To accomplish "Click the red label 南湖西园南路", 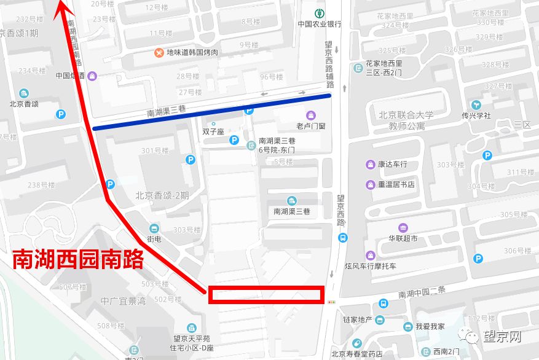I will (78, 259).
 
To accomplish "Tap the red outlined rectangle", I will (266, 295).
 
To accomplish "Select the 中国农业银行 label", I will (319, 25).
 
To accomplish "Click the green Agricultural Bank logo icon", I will (319, 13).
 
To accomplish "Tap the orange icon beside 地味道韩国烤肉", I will (159, 53).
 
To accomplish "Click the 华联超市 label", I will (403, 238).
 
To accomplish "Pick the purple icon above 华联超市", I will (403, 228).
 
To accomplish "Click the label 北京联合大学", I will (403, 115).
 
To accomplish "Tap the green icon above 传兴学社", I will (476, 104).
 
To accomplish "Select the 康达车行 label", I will (392, 165).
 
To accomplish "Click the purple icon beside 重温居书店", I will (371, 184).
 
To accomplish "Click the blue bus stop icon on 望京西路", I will (342, 238).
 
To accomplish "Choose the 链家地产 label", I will (358, 319).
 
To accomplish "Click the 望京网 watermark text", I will (502, 337).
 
